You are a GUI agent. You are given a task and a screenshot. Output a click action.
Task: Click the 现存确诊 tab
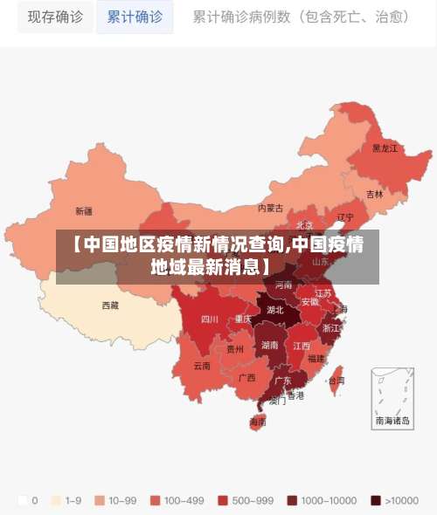coord(55,17)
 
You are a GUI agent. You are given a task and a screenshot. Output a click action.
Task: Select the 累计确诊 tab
coord(135,17)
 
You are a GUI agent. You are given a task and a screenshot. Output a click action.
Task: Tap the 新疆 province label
coord(84,211)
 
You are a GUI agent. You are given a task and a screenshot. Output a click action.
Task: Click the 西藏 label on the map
coord(110,306)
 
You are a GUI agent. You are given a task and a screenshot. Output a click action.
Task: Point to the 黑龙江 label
coord(385,148)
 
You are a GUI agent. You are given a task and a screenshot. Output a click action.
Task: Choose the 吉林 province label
coord(374,194)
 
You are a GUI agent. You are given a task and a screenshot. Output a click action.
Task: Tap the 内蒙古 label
coord(270,208)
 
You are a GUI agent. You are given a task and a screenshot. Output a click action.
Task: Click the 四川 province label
coord(210,319)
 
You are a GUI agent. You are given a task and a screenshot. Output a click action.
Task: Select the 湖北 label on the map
coord(274,309)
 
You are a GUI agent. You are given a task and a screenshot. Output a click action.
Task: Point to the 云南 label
coord(202,366)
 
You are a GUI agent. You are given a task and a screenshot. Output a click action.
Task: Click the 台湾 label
coord(336,381)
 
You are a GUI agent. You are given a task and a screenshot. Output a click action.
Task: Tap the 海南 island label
coord(258,422)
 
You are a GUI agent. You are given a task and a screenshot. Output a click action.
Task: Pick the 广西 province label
coord(247,378)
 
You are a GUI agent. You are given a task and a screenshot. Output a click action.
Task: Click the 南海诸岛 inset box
coord(392,397)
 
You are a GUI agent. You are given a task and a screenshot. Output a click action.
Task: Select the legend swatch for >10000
coord(376,500)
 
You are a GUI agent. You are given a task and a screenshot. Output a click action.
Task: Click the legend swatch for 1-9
coord(58,500)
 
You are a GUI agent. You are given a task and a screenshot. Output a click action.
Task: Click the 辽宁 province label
coord(345,217)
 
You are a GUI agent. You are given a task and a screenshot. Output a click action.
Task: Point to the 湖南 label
coord(270,345)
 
